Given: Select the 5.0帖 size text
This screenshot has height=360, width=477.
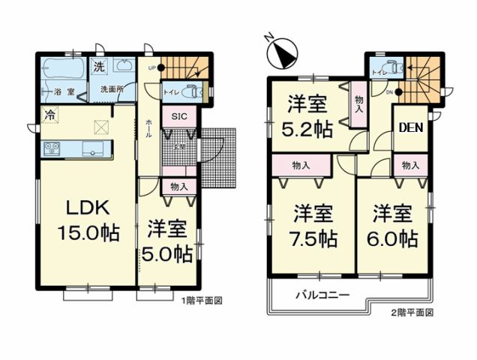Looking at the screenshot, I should (x=166, y=253).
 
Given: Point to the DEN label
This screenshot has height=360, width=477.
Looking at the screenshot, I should (x=409, y=127).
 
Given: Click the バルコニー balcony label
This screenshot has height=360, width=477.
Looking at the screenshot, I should (x=322, y=295).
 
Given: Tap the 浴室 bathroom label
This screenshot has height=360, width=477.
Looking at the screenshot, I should (x=63, y=91).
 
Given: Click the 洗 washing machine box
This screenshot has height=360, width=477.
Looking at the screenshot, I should (x=100, y=67).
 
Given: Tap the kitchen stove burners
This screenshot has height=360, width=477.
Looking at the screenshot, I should (x=52, y=147).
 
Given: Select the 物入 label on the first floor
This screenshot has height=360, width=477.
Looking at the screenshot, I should (x=178, y=186).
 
